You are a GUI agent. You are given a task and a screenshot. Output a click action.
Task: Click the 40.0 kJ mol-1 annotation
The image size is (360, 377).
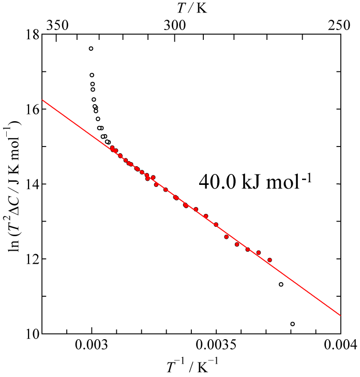coord(258,183)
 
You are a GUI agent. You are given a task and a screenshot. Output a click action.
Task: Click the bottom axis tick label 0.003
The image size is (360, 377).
coord(92,346)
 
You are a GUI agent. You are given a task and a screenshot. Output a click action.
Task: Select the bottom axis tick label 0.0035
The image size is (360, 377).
coord(216,346)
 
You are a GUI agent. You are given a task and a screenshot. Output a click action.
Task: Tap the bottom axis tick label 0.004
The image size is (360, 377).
coord(341,346)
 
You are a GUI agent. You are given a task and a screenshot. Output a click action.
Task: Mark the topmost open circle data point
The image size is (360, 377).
coord(91,49)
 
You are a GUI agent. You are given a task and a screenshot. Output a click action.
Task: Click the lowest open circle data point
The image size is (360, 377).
coord(292,324)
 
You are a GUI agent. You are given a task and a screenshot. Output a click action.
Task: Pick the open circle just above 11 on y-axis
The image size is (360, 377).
coord(281,284)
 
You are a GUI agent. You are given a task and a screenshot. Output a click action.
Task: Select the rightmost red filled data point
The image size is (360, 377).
coord(269,260)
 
